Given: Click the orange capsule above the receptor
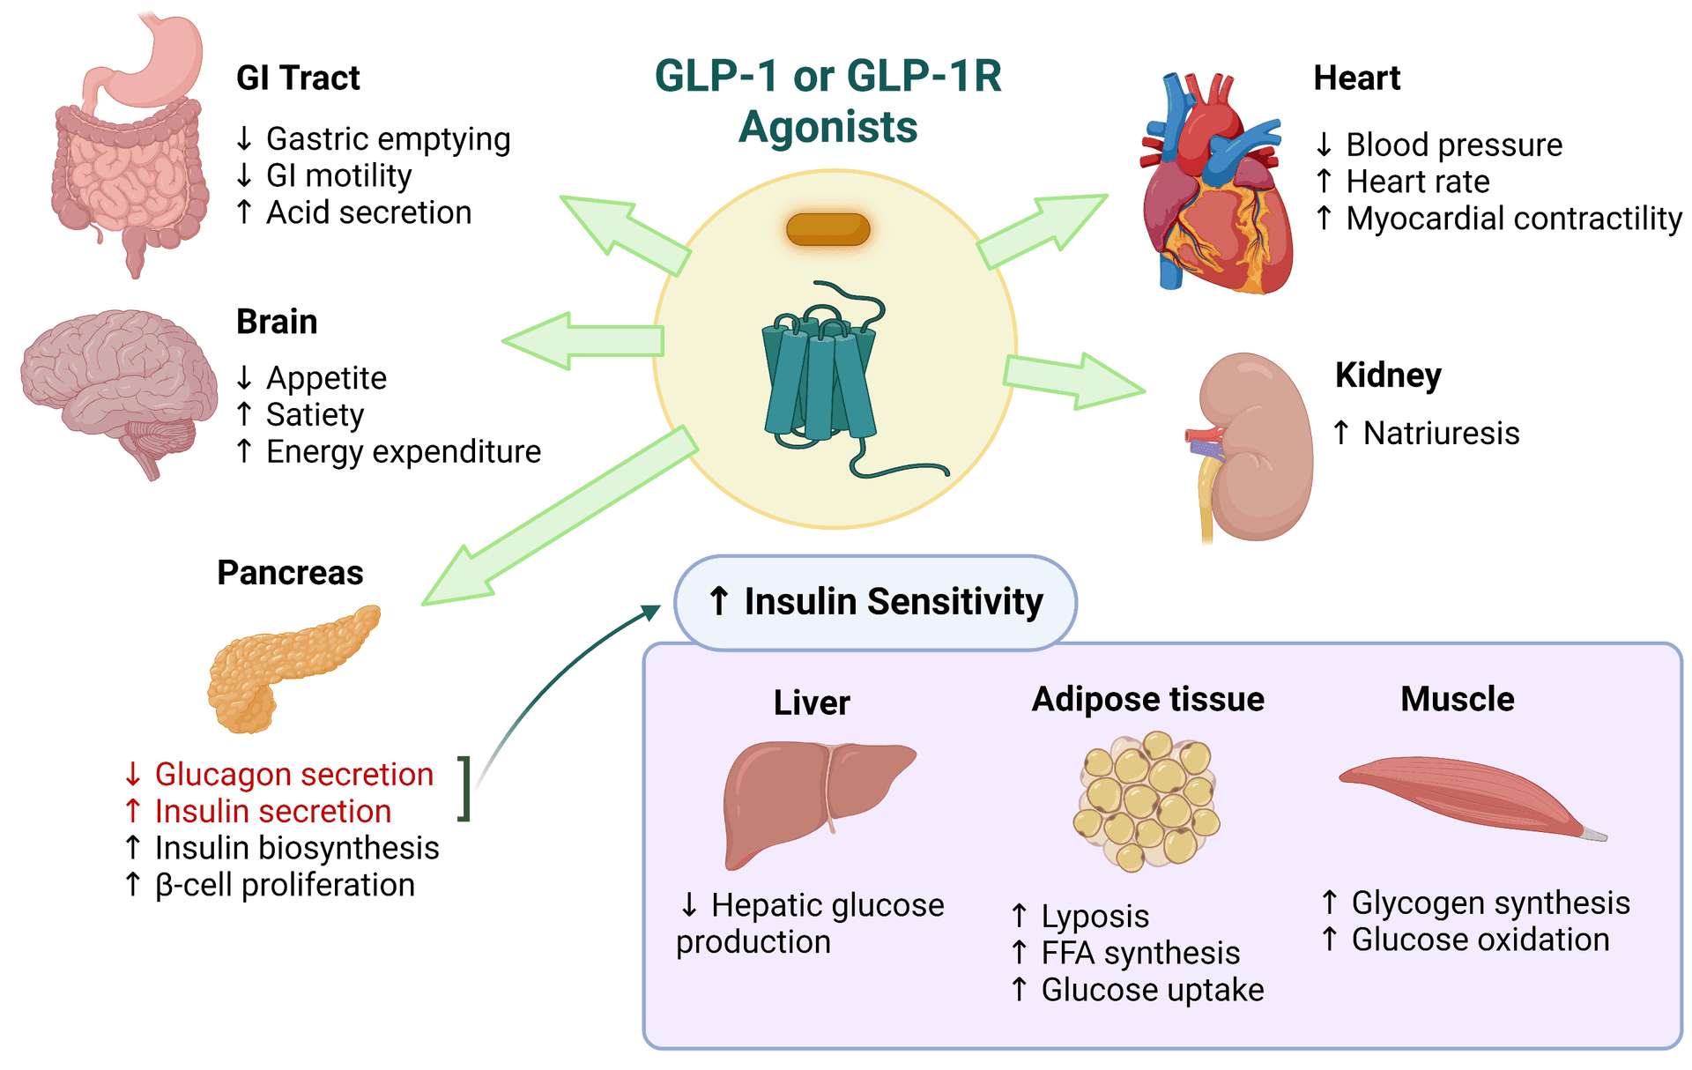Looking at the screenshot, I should click(827, 229).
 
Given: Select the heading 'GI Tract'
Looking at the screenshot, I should click(298, 78).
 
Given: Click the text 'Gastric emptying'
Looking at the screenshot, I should click(388, 139).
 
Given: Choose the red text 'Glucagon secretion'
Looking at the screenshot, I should click(293, 774).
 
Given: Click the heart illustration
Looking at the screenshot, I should click(1216, 194).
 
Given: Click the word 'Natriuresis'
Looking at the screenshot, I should click(1441, 434).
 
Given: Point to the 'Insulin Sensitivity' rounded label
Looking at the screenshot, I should click(875, 602).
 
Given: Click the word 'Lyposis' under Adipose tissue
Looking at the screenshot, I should click(1095, 917).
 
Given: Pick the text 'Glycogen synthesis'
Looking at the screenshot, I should click(1490, 903).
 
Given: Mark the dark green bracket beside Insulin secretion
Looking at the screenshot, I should click(464, 788).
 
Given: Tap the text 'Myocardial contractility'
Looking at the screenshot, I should click(1513, 219).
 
